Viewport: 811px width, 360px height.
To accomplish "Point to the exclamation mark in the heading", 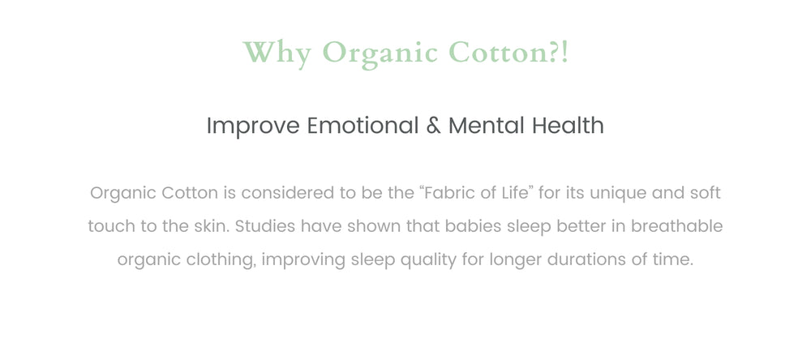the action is [x=564, y=52].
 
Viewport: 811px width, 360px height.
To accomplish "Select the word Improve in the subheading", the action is [x=253, y=126].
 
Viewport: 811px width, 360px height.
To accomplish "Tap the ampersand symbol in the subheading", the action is [x=433, y=126].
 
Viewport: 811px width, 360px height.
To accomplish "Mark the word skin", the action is [x=212, y=226].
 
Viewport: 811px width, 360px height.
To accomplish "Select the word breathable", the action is [x=676, y=226].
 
